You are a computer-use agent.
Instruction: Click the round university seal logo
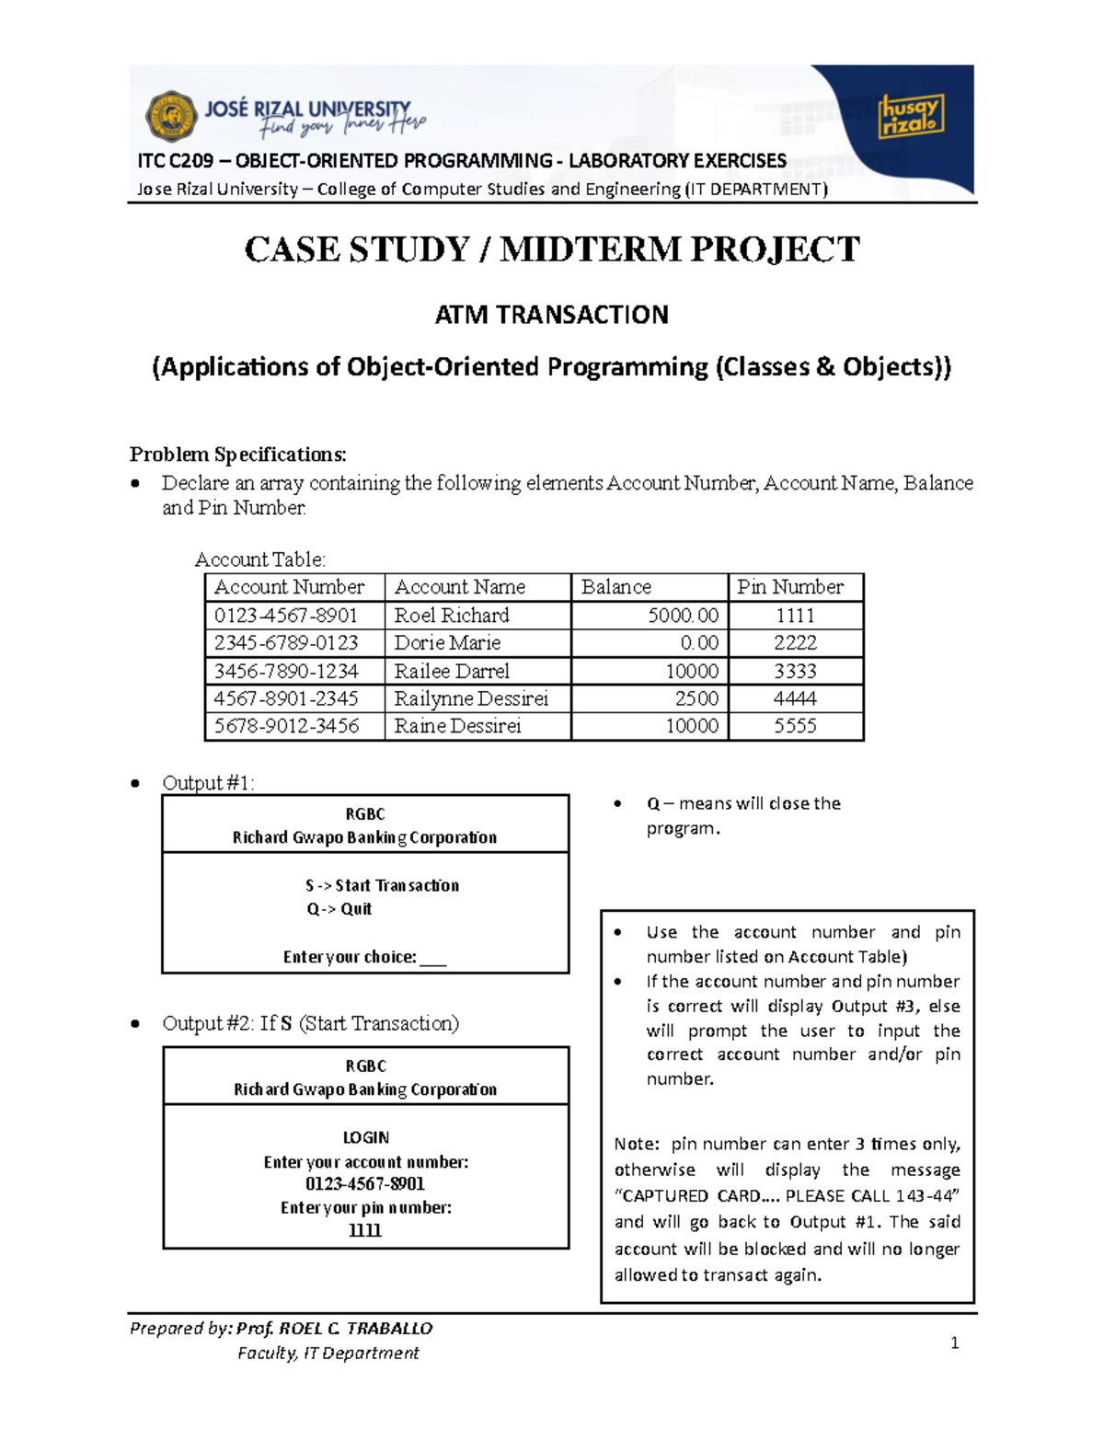point(171,116)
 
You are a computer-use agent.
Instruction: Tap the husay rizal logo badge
point(910,115)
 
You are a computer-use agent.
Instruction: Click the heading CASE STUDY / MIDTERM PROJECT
point(552,249)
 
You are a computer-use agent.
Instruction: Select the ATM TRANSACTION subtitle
point(552,315)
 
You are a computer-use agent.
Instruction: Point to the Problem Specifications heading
point(238,454)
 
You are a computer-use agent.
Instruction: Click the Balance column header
point(615,587)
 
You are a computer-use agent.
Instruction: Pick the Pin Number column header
point(789,587)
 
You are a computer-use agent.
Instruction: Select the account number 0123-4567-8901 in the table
point(285,615)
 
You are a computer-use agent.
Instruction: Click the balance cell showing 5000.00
point(683,615)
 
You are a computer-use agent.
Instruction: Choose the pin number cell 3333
point(795,671)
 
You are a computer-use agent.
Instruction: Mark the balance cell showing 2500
point(696,698)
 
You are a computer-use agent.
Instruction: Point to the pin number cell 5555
point(795,726)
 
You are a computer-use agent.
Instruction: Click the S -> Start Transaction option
point(382,885)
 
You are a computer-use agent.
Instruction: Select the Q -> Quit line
point(339,909)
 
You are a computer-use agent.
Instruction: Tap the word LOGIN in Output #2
point(366,1137)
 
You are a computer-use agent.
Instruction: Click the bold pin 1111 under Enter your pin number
point(365,1230)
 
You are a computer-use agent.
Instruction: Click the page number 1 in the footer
point(954,1343)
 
